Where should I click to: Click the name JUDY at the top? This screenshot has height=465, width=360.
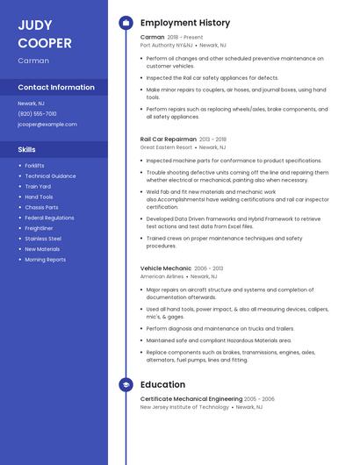[x=35, y=25]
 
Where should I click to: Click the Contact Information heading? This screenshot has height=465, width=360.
[x=56, y=87]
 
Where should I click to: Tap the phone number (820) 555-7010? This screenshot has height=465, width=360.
[x=37, y=113]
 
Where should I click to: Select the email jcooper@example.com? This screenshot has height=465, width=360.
[x=47, y=124]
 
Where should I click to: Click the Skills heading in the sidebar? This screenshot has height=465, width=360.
[x=26, y=149]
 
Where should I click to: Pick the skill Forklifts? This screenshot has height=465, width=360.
[x=34, y=166]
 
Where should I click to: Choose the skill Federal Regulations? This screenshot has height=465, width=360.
[x=49, y=218]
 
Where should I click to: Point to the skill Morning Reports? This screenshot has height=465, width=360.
[x=45, y=260]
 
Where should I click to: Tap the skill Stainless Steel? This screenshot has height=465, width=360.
[x=43, y=239]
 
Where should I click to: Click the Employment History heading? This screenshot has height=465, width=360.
[x=185, y=23]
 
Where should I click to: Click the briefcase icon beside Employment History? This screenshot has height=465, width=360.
[x=126, y=23]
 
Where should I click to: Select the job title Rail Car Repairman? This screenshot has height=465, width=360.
[x=169, y=139]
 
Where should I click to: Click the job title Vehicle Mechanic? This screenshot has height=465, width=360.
[x=166, y=268]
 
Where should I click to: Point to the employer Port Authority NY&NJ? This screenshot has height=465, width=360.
[x=166, y=45]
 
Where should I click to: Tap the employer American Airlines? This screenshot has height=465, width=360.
[x=162, y=275]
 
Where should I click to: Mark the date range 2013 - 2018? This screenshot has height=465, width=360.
[x=212, y=139]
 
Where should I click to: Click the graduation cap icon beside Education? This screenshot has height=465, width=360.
[x=126, y=384]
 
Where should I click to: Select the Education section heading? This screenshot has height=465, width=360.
[x=162, y=384]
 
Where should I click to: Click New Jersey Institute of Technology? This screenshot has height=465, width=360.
[x=184, y=407]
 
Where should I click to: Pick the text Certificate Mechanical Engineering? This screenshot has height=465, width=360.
[x=191, y=398]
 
